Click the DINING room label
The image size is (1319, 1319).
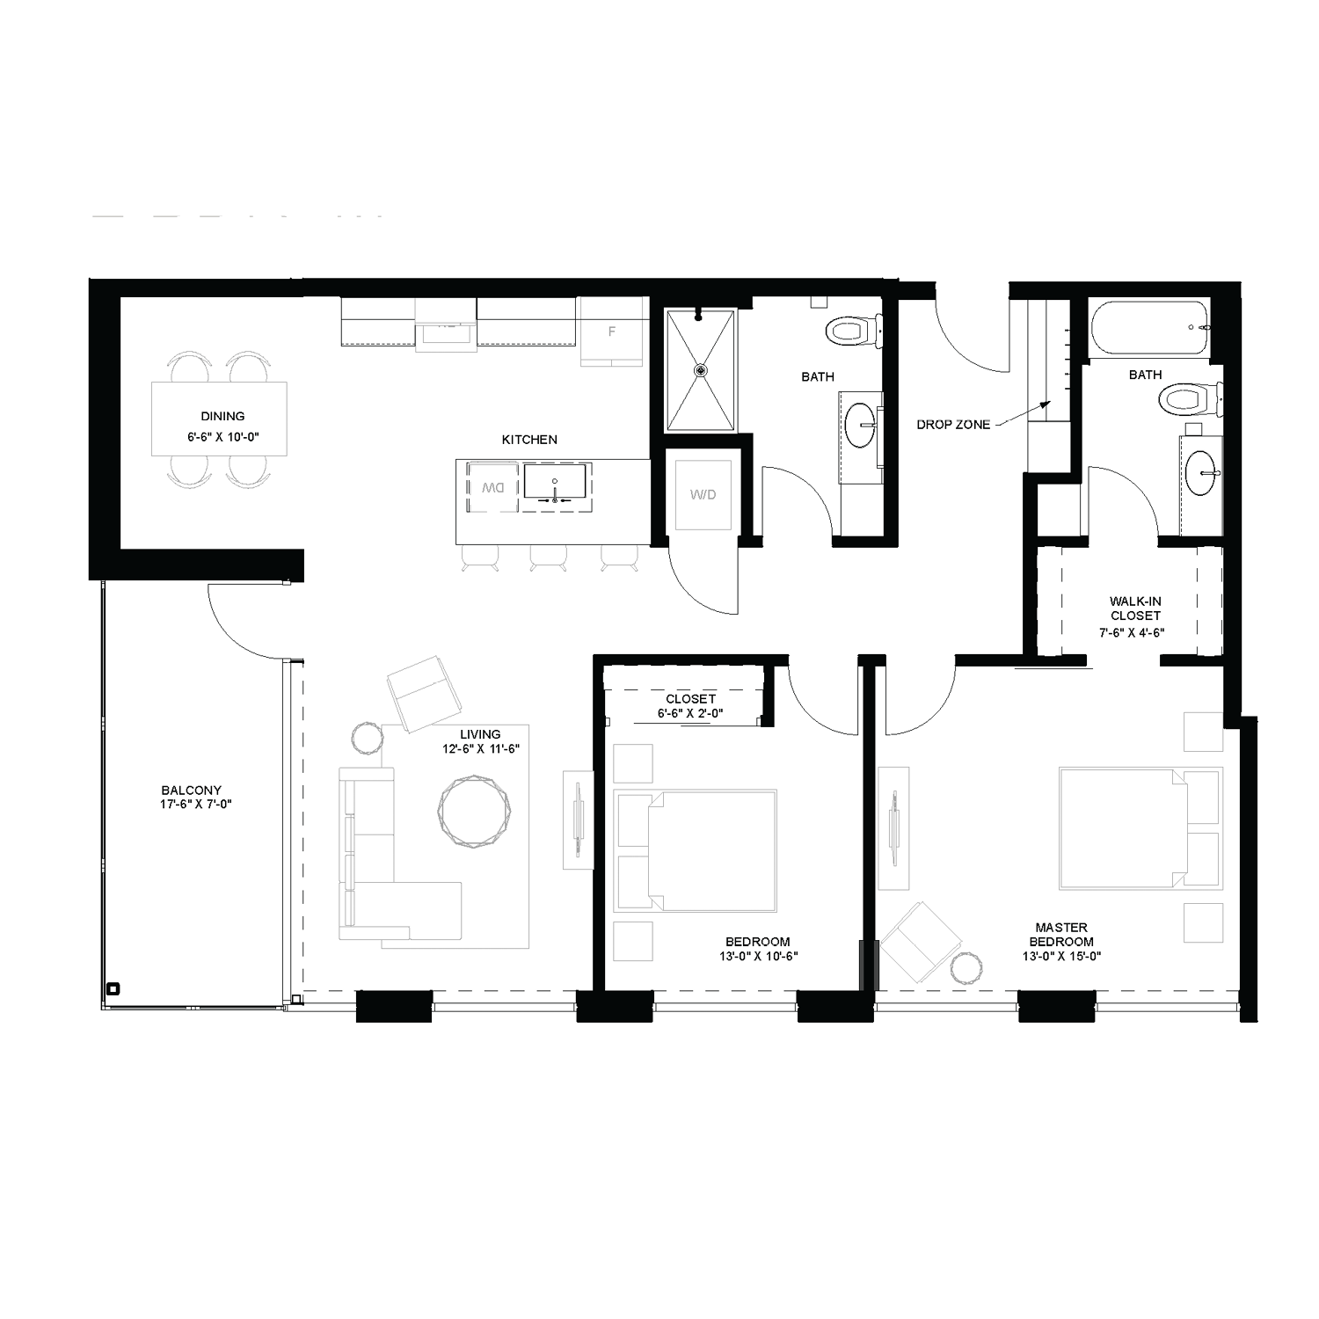(x=222, y=417)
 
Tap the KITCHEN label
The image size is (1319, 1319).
(x=529, y=440)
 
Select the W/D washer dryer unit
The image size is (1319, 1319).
(x=703, y=495)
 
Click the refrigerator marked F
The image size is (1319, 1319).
(x=612, y=332)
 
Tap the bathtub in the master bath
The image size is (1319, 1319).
(x=1148, y=329)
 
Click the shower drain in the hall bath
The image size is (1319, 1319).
(x=701, y=370)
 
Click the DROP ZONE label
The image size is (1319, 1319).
(x=953, y=425)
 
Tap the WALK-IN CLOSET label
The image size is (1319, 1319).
(x=1135, y=608)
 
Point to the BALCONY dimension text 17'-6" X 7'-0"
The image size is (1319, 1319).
(x=191, y=804)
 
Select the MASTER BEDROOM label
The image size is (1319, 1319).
(x=1061, y=934)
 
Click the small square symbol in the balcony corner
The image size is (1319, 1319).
(x=112, y=987)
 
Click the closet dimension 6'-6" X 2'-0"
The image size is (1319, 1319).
(x=690, y=714)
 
